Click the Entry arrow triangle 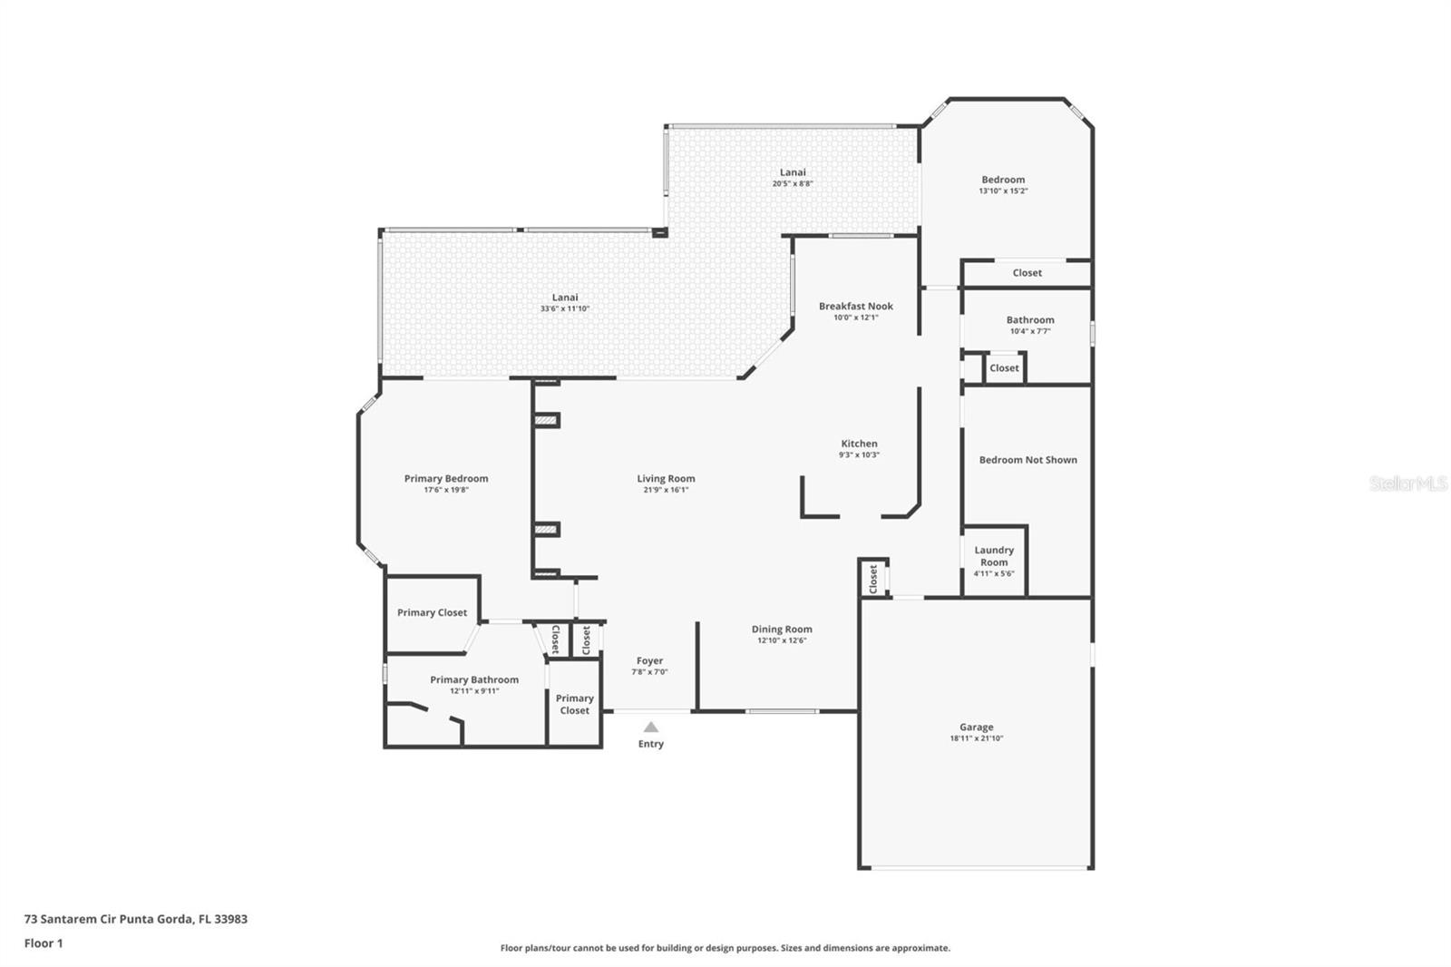click(651, 728)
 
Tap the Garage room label click(976, 728)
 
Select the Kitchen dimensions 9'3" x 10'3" click(859, 455)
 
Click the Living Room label click(666, 478)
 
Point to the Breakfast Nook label click(856, 306)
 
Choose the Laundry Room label click(994, 556)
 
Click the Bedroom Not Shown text click(1028, 460)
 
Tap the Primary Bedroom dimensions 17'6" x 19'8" click(446, 490)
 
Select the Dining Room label click(782, 629)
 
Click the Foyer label click(649, 660)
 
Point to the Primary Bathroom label click(474, 679)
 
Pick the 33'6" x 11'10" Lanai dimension click(565, 308)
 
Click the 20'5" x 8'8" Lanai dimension click(793, 183)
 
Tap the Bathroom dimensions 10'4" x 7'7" click(1030, 331)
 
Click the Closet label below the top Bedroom click(1027, 273)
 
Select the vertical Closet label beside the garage click(873, 579)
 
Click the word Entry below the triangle click(651, 744)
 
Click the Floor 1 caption click(44, 943)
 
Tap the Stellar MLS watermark click(1408, 483)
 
